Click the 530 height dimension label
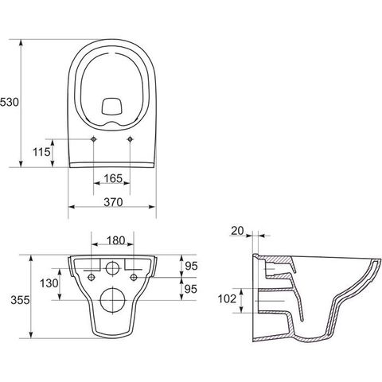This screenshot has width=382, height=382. tap(10, 102)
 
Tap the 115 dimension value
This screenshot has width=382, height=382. tap(41, 152)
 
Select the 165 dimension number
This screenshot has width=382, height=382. tap(113, 178)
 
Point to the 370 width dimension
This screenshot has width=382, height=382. tap(113, 202)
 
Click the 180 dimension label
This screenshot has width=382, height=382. tap(116, 240)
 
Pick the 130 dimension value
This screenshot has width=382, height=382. tap(49, 283)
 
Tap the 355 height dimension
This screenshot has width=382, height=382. tap(20, 300)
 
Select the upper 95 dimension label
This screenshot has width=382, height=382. tap(191, 266)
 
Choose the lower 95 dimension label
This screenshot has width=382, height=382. tap(191, 289)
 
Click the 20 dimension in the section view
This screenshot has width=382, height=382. tap(237, 231)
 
